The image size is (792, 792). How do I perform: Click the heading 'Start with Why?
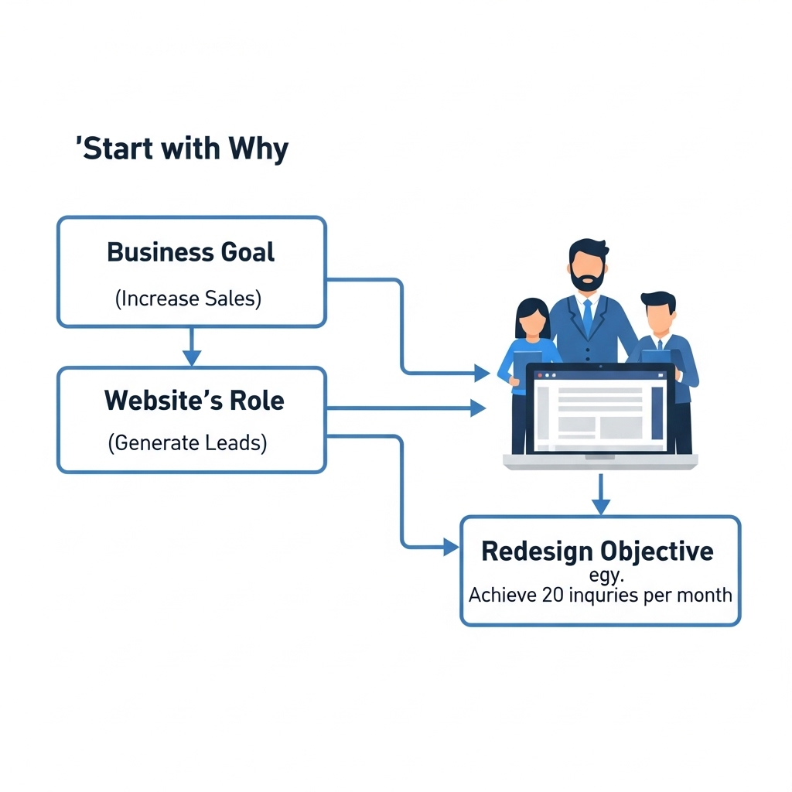tap(183, 148)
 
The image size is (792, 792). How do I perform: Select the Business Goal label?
tap(191, 252)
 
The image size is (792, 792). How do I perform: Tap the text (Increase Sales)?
tap(188, 299)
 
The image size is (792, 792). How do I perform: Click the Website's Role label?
tap(194, 401)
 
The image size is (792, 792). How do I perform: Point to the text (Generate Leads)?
tap(188, 443)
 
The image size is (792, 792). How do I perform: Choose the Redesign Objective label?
tap(597, 551)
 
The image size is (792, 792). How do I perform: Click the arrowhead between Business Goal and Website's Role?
tap(192, 357)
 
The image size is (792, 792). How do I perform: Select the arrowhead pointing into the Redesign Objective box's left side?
tap(451, 547)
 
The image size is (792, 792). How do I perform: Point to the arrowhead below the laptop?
tap(601, 506)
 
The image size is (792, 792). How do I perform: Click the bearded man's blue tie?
tap(588, 316)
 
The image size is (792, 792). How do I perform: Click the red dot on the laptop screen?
tap(539, 375)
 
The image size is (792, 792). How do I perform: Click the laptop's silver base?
tap(600, 462)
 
